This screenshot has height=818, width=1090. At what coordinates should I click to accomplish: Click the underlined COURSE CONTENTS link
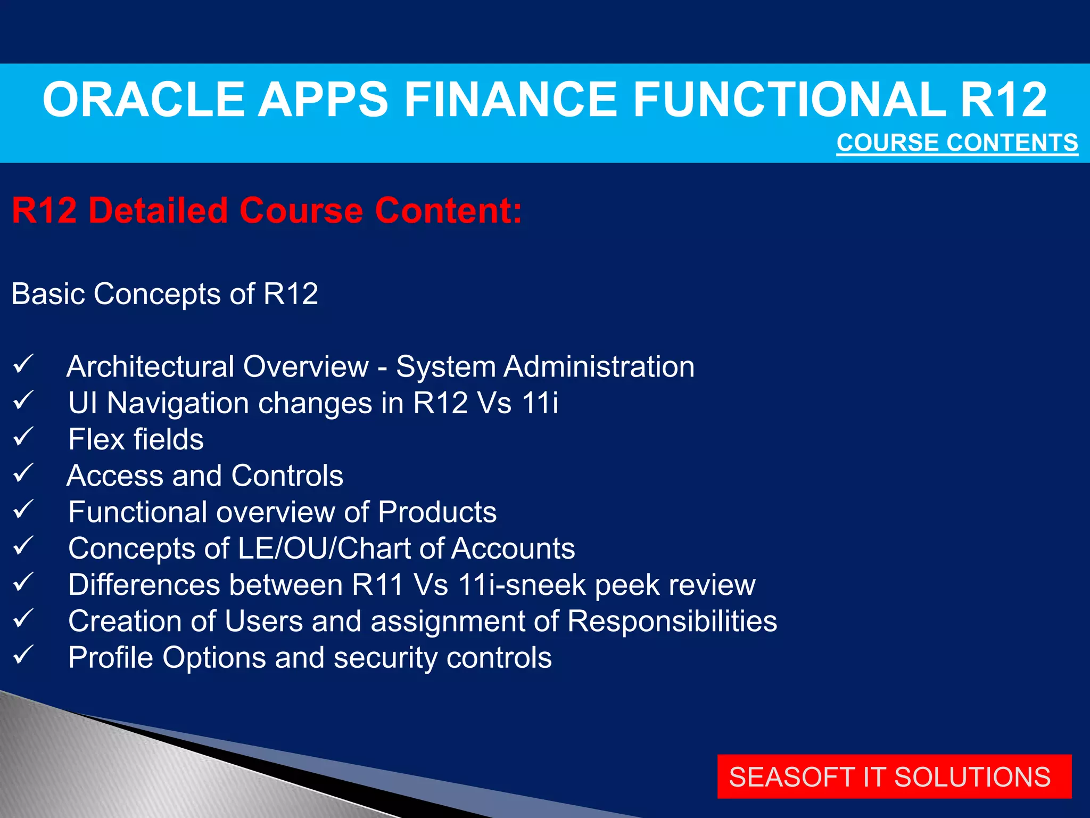957,143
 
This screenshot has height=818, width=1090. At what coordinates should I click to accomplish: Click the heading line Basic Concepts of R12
165,294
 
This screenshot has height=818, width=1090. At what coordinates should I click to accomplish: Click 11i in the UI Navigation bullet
540,403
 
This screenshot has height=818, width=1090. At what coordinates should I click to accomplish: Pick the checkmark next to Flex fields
23,437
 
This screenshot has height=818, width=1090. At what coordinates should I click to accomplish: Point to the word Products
437,512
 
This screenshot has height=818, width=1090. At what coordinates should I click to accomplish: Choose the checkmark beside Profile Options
23,655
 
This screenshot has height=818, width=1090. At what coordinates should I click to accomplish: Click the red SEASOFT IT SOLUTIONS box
894,776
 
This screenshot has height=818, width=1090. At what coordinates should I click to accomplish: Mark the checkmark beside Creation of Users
23,619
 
